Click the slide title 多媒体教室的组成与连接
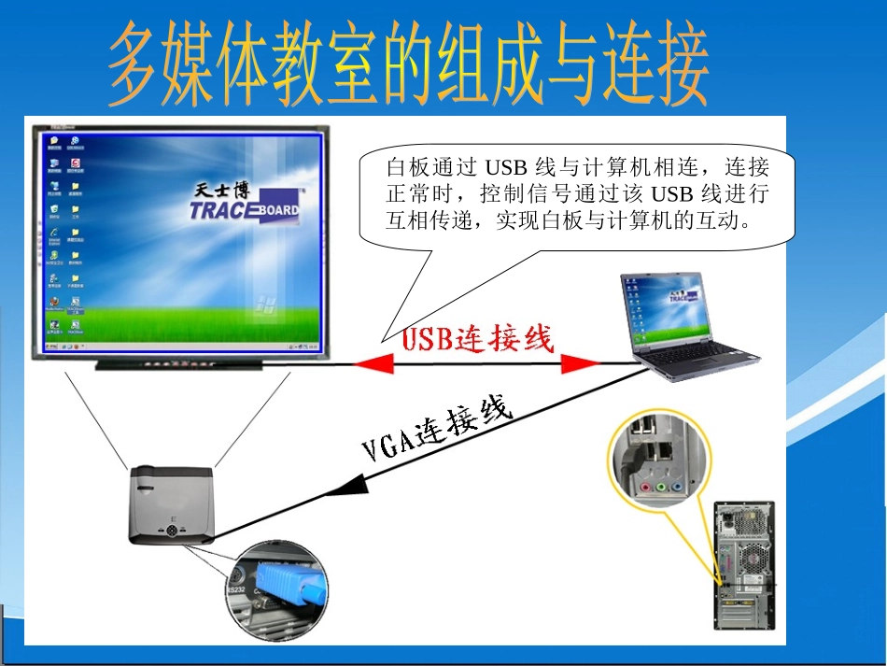(408, 67)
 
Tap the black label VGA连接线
(437, 430)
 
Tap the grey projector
(175, 505)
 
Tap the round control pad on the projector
(173, 531)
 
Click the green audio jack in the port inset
(661, 487)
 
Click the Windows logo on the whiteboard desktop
(265, 304)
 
